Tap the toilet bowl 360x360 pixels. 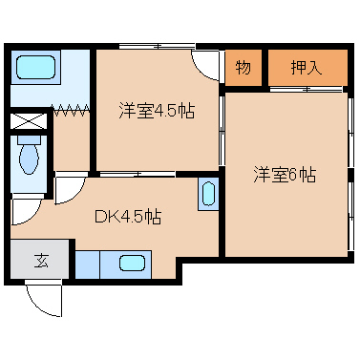coord(29,156)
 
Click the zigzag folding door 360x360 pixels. coord(73,112)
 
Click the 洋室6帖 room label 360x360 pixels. coord(286,175)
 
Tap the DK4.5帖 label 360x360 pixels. coord(127,216)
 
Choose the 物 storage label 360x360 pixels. coord(243,67)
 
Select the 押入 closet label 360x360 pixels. coord(307,67)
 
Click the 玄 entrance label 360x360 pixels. coord(41,258)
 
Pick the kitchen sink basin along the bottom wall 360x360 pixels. coord(132,263)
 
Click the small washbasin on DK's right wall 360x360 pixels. coord(207,196)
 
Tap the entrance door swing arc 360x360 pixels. coord(43,301)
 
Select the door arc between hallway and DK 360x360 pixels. coord(68,189)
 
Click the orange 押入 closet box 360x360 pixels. coord(307,67)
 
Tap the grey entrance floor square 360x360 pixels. coord(41,258)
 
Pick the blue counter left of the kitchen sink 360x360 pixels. coord(88,263)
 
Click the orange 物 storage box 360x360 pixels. coord(243,67)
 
